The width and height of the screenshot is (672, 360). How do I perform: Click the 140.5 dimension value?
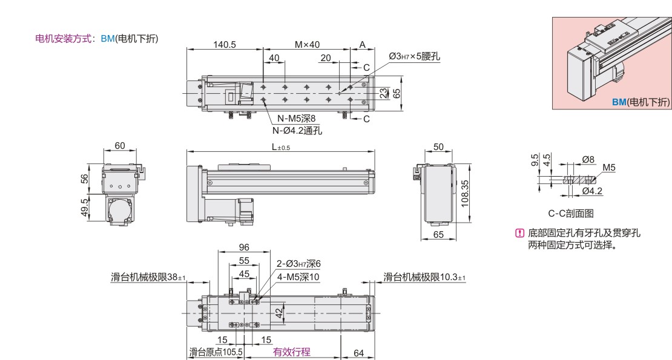pyautogui.click(x=225, y=45)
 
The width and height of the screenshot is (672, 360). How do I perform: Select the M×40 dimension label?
pyautogui.click(x=307, y=45)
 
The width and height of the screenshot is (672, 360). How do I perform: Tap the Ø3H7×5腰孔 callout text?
pyautogui.click(x=414, y=56)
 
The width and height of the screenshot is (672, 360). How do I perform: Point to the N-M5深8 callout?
pyautogui.click(x=296, y=119)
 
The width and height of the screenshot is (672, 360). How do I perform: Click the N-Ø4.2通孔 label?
pyautogui.click(x=297, y=130)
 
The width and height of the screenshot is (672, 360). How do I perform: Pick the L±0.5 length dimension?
pyautogui.click(x=281, y=147)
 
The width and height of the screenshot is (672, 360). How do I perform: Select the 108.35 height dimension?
pyautogui.click(x=465, y=194)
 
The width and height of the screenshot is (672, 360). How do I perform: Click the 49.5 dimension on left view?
pyautogui.click(x=84, y=208)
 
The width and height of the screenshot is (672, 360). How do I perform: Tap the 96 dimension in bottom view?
pyautogui.click(x=244, y=247)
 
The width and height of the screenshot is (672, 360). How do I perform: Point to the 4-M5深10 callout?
pyautogui.click(x=298, y=277)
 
